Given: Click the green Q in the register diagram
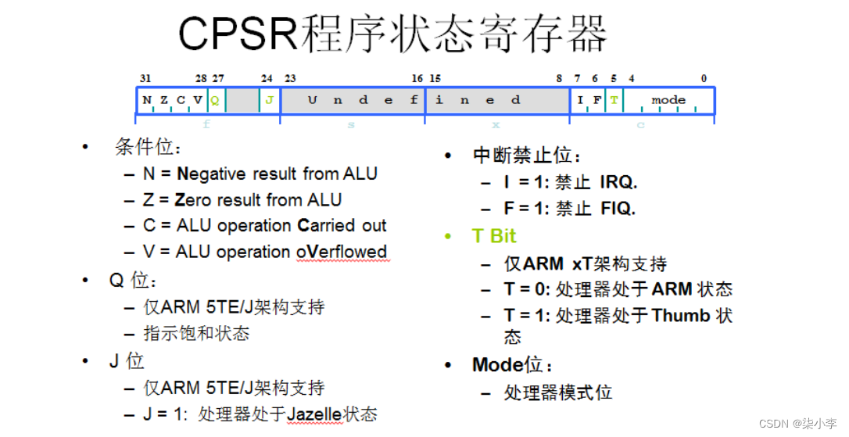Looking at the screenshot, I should click(x=214, y=100).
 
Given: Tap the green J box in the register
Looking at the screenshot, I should click(x=269, y=100).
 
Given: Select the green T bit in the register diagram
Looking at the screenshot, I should click(x=614, y=100).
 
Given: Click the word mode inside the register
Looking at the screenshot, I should click(x=668, y=100).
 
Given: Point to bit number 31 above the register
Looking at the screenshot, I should click(x=145, y=78).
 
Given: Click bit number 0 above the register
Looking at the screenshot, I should click(x=704, y=78).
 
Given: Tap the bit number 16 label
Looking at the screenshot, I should click(x=417, y=78).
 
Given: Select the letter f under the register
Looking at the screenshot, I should click(x=206, y=125).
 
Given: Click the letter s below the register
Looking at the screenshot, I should click(x=351, y=125).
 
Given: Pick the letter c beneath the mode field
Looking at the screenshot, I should click(x=640, y=125).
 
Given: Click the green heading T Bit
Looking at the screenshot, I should click(x=494, y=236).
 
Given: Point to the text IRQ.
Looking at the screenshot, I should click(x=618, y=183).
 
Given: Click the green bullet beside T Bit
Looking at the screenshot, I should click(x=448, y=236).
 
